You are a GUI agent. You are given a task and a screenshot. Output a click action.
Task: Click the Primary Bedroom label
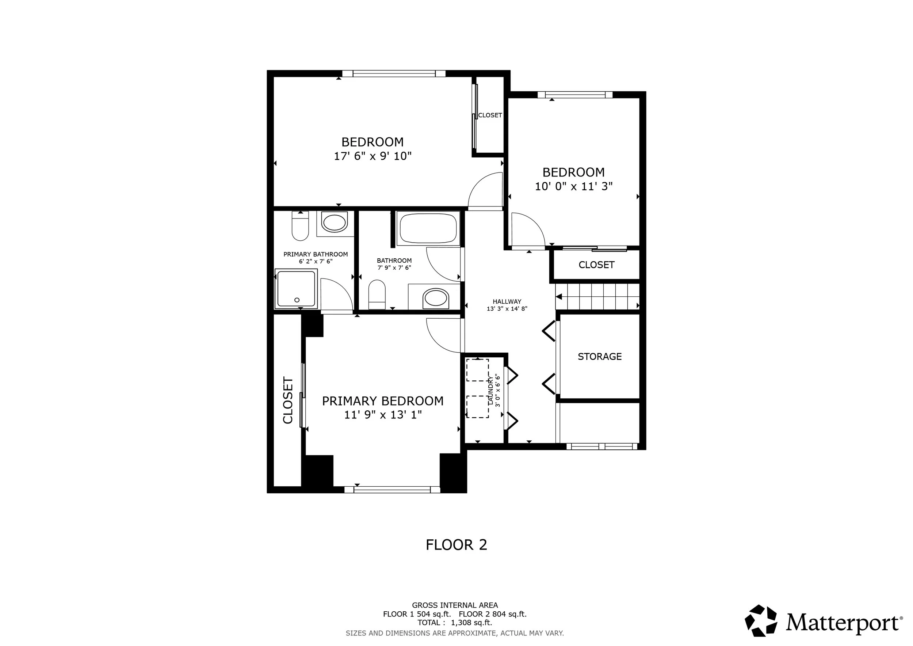click(382, 401)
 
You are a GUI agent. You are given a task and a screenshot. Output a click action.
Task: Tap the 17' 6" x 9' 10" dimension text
click(373, 156)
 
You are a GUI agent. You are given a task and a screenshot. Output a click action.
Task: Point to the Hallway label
click(507, 301)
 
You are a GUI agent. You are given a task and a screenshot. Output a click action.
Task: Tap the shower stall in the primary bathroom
click(296, 289)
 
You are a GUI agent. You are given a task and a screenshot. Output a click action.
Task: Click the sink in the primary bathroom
click(335, 223)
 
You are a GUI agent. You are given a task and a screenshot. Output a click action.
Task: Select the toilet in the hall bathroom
click(377, 295)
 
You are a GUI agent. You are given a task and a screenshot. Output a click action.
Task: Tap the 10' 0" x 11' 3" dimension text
click(573, 186)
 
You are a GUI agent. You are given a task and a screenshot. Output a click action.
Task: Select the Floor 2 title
click(457, 544)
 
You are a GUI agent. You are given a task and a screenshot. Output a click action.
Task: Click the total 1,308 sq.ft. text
click(455, 623)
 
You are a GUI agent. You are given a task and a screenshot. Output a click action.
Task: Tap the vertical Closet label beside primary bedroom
click(288, 400)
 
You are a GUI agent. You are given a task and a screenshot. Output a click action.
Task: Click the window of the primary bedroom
click(392, 490)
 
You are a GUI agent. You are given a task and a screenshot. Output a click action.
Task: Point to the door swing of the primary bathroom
click(336, 294)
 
